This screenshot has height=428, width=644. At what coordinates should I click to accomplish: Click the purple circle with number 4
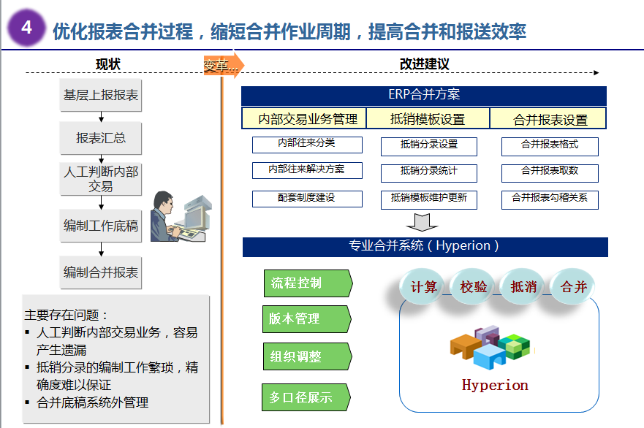click(26, 28)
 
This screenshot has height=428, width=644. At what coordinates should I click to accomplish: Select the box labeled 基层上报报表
click(101, 95)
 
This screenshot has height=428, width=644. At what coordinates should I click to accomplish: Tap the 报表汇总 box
click(101, 138)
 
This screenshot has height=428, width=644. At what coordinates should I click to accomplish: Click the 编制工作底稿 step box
click(101, 226)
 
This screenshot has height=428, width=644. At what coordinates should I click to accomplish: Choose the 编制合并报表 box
click(101, 272)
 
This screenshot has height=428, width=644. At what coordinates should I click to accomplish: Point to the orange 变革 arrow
click(224, 65)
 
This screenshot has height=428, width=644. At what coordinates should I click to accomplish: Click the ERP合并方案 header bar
click(424, 96)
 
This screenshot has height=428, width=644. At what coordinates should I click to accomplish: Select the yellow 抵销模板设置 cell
click(428, 118)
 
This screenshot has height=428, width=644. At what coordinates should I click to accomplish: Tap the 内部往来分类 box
click(307, 145)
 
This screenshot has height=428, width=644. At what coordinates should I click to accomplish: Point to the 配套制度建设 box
click(307, 199)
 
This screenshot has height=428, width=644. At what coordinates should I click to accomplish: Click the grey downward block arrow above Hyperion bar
click(422, 222)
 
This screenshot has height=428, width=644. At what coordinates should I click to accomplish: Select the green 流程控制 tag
click(308, 283)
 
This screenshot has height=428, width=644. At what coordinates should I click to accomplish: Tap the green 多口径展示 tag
click(306, 397)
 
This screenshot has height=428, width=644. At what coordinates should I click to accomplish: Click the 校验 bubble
click(474, 286)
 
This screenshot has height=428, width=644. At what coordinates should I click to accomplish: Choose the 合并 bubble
click(573, 286)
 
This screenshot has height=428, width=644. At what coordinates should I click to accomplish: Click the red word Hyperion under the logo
click(495, 386)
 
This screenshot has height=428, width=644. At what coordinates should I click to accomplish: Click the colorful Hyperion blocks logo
click(490, 347)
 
